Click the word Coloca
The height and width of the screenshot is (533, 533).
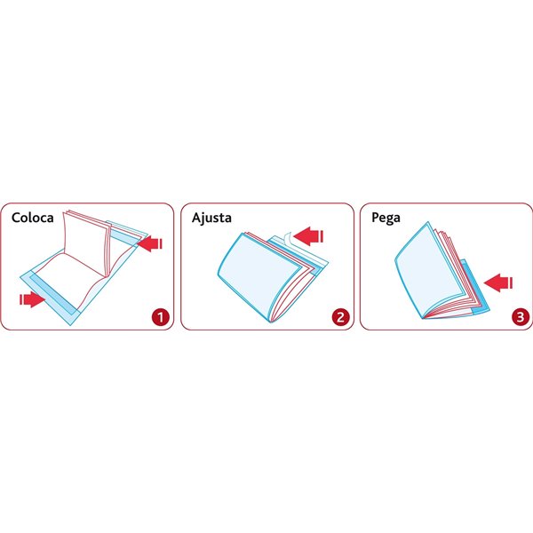pos(33,218)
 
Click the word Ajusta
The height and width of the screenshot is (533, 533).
pos(211,218)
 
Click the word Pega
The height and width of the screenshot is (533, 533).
pos(386,219)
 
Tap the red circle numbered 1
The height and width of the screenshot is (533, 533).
pos(161,317)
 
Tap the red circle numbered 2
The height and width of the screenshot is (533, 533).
pos(340,317)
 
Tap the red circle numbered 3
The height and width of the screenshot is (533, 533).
pos(521,317)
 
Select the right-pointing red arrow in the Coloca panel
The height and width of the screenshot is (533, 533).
pos(32,299)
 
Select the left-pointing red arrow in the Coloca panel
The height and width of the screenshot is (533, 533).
pos(150,243)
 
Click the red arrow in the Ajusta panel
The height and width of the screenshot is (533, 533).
pos(308,236)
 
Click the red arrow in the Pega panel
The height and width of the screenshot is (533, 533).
pos(498,282)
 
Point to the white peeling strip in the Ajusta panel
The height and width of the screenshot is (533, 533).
pos(287,238)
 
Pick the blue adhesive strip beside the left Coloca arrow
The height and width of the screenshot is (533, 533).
pos(53,294)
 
